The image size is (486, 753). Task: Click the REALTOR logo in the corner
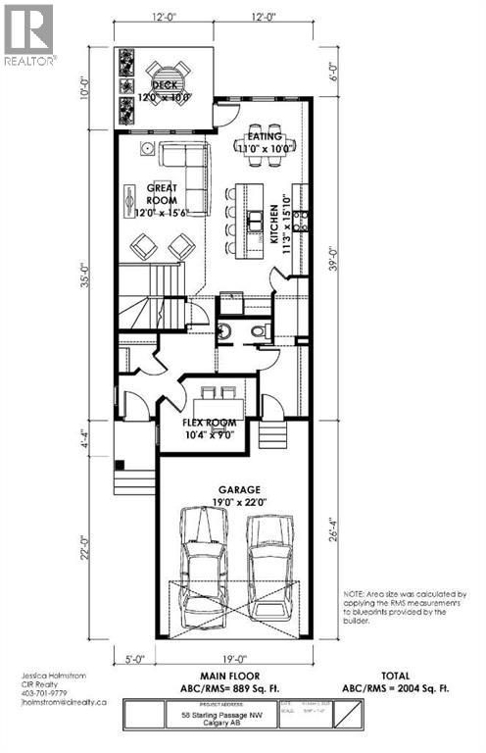[28, 33]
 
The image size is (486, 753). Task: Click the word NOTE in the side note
[355, 595]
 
